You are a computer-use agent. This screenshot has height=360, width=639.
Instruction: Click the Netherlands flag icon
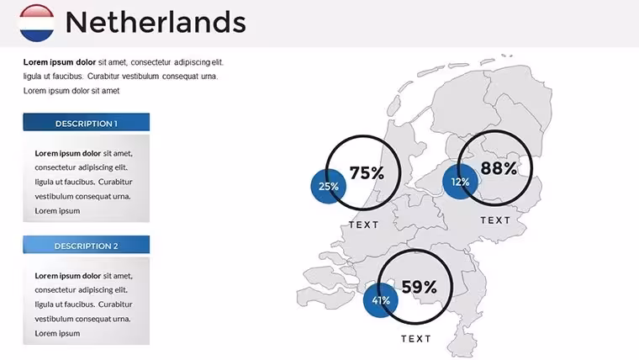37,23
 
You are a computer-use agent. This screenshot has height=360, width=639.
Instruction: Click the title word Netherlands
156,22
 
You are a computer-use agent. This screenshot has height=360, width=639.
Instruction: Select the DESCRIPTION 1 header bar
87,122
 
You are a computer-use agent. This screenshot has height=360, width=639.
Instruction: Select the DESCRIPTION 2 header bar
87,245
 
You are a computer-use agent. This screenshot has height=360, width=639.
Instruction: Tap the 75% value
367,173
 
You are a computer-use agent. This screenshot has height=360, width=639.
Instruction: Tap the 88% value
499,168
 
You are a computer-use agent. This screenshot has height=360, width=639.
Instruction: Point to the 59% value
420,287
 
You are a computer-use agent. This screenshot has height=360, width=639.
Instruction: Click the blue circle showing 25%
329,187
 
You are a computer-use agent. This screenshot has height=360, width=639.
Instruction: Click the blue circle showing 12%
460,182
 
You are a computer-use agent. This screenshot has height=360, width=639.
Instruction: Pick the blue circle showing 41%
381,300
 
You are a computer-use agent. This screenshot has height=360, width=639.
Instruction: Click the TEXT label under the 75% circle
364,225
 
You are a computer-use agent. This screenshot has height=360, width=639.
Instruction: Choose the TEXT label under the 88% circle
495,220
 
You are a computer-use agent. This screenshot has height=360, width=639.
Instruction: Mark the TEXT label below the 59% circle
416,339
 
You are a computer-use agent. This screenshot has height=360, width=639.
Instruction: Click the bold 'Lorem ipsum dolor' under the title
60,62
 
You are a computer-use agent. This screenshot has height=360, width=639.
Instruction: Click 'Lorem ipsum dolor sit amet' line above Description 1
71,91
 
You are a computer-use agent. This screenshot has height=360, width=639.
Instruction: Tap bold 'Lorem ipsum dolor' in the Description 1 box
67,153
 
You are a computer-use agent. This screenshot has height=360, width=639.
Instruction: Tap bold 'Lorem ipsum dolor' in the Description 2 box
67,276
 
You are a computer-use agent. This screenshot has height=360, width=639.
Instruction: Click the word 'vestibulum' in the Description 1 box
53,196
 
